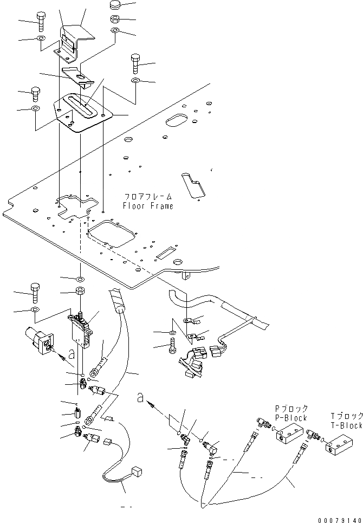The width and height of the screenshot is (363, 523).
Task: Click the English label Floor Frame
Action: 148,206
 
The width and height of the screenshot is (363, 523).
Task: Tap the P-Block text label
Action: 291,418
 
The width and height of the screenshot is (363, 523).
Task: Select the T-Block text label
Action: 347,425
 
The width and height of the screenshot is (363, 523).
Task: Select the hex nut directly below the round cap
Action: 115,20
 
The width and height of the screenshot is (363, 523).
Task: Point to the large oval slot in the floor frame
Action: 178,120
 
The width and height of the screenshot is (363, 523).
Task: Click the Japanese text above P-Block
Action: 291,409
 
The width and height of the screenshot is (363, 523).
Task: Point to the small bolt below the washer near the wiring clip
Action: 172,346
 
